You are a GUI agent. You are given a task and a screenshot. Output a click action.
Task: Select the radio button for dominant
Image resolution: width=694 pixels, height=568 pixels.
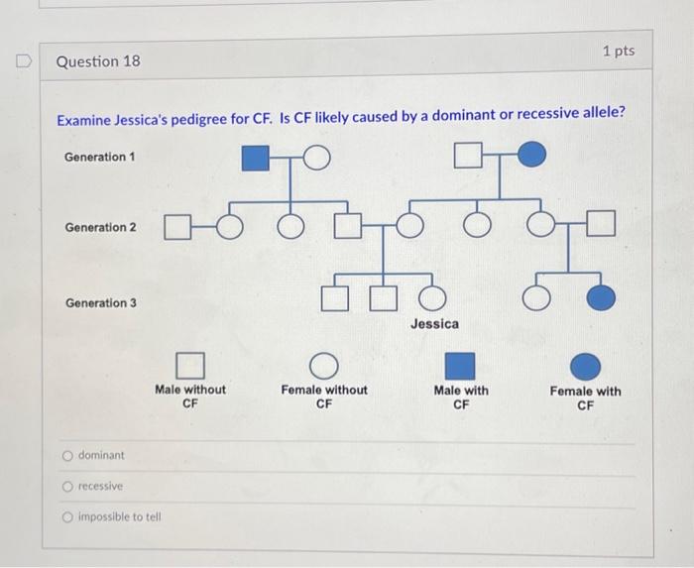pos(67,456)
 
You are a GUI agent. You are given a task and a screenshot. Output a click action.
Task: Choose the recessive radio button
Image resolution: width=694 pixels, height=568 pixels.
pos(67,487)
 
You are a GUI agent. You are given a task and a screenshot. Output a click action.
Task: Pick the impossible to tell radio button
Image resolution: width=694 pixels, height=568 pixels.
pos(67,516)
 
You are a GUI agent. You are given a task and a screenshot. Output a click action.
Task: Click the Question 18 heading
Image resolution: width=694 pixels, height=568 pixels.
pos(98,61)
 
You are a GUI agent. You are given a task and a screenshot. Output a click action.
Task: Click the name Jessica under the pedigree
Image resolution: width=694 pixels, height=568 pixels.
pos(435,324)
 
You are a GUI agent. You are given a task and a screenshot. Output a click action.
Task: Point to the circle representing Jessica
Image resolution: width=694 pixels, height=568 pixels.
pos(431,296)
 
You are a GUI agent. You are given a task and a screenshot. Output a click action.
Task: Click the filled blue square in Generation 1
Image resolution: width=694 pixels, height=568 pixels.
pos(256,157)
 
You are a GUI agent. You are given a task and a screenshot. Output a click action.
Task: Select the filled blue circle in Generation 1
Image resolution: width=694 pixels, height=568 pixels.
pos(531,155)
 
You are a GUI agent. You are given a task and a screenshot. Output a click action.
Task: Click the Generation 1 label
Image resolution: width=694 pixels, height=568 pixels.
pos(100,157)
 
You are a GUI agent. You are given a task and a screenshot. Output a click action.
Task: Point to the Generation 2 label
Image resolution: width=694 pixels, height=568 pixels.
pos(100,227)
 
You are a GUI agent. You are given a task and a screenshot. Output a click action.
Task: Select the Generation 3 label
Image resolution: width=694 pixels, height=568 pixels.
pos(100,302)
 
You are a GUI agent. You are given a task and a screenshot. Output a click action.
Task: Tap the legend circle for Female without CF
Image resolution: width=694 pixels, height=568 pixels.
pos(324,367)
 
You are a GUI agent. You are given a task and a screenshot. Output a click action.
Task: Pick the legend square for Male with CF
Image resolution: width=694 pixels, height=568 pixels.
pos(460,367)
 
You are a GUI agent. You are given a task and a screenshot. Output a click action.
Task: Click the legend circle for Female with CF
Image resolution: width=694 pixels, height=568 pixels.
pos(585,367)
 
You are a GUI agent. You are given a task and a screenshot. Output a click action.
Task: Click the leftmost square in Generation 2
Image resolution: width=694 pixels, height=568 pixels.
pos(175,228)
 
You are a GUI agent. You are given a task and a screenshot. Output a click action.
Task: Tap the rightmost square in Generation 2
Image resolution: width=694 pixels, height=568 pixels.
pos(602,226)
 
